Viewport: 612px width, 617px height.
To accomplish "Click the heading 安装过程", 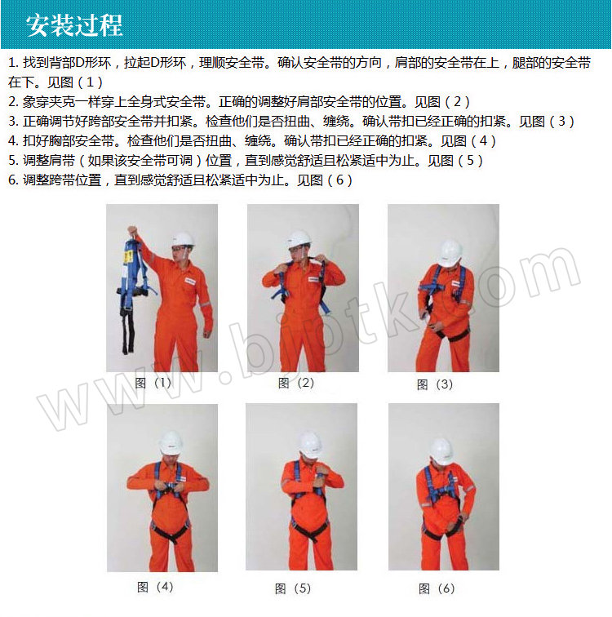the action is click(x=74, y=25).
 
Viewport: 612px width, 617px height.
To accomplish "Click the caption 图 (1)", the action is click(x=153, y=383).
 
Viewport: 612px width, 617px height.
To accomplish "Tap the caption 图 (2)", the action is click(x=295, y=383).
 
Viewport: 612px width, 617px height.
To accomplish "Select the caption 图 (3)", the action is click(x=435, y=384).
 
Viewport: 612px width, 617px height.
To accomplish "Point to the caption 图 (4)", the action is click(x=155, y=587).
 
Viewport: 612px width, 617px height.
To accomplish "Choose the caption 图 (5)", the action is click(x=293, y=588).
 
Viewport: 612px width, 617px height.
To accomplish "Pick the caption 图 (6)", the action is click(x=437, y=588).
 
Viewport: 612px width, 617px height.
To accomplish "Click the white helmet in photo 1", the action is click(x=183, y=239).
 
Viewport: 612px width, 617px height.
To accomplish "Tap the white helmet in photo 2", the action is click(x=299, y=239).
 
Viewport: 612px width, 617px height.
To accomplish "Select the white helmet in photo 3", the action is click(x=450, y=253).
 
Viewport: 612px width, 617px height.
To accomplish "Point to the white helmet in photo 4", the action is click(x=171, y=442).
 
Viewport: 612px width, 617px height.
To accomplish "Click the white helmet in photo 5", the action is click(x=311, y=445).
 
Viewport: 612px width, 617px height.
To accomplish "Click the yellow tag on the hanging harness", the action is click(x=128, y=256).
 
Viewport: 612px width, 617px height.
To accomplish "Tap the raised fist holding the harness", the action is click(x=132, y=230).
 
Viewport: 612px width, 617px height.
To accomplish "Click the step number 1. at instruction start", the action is click(x=13, y=63).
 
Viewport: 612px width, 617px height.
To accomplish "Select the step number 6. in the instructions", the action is click(x=13, y=180).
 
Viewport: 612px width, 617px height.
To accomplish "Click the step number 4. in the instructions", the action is click(x=13, y=141).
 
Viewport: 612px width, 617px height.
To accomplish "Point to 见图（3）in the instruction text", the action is click(x=547, y=121).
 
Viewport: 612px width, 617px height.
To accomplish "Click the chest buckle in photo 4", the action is click(x=168, y=486).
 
